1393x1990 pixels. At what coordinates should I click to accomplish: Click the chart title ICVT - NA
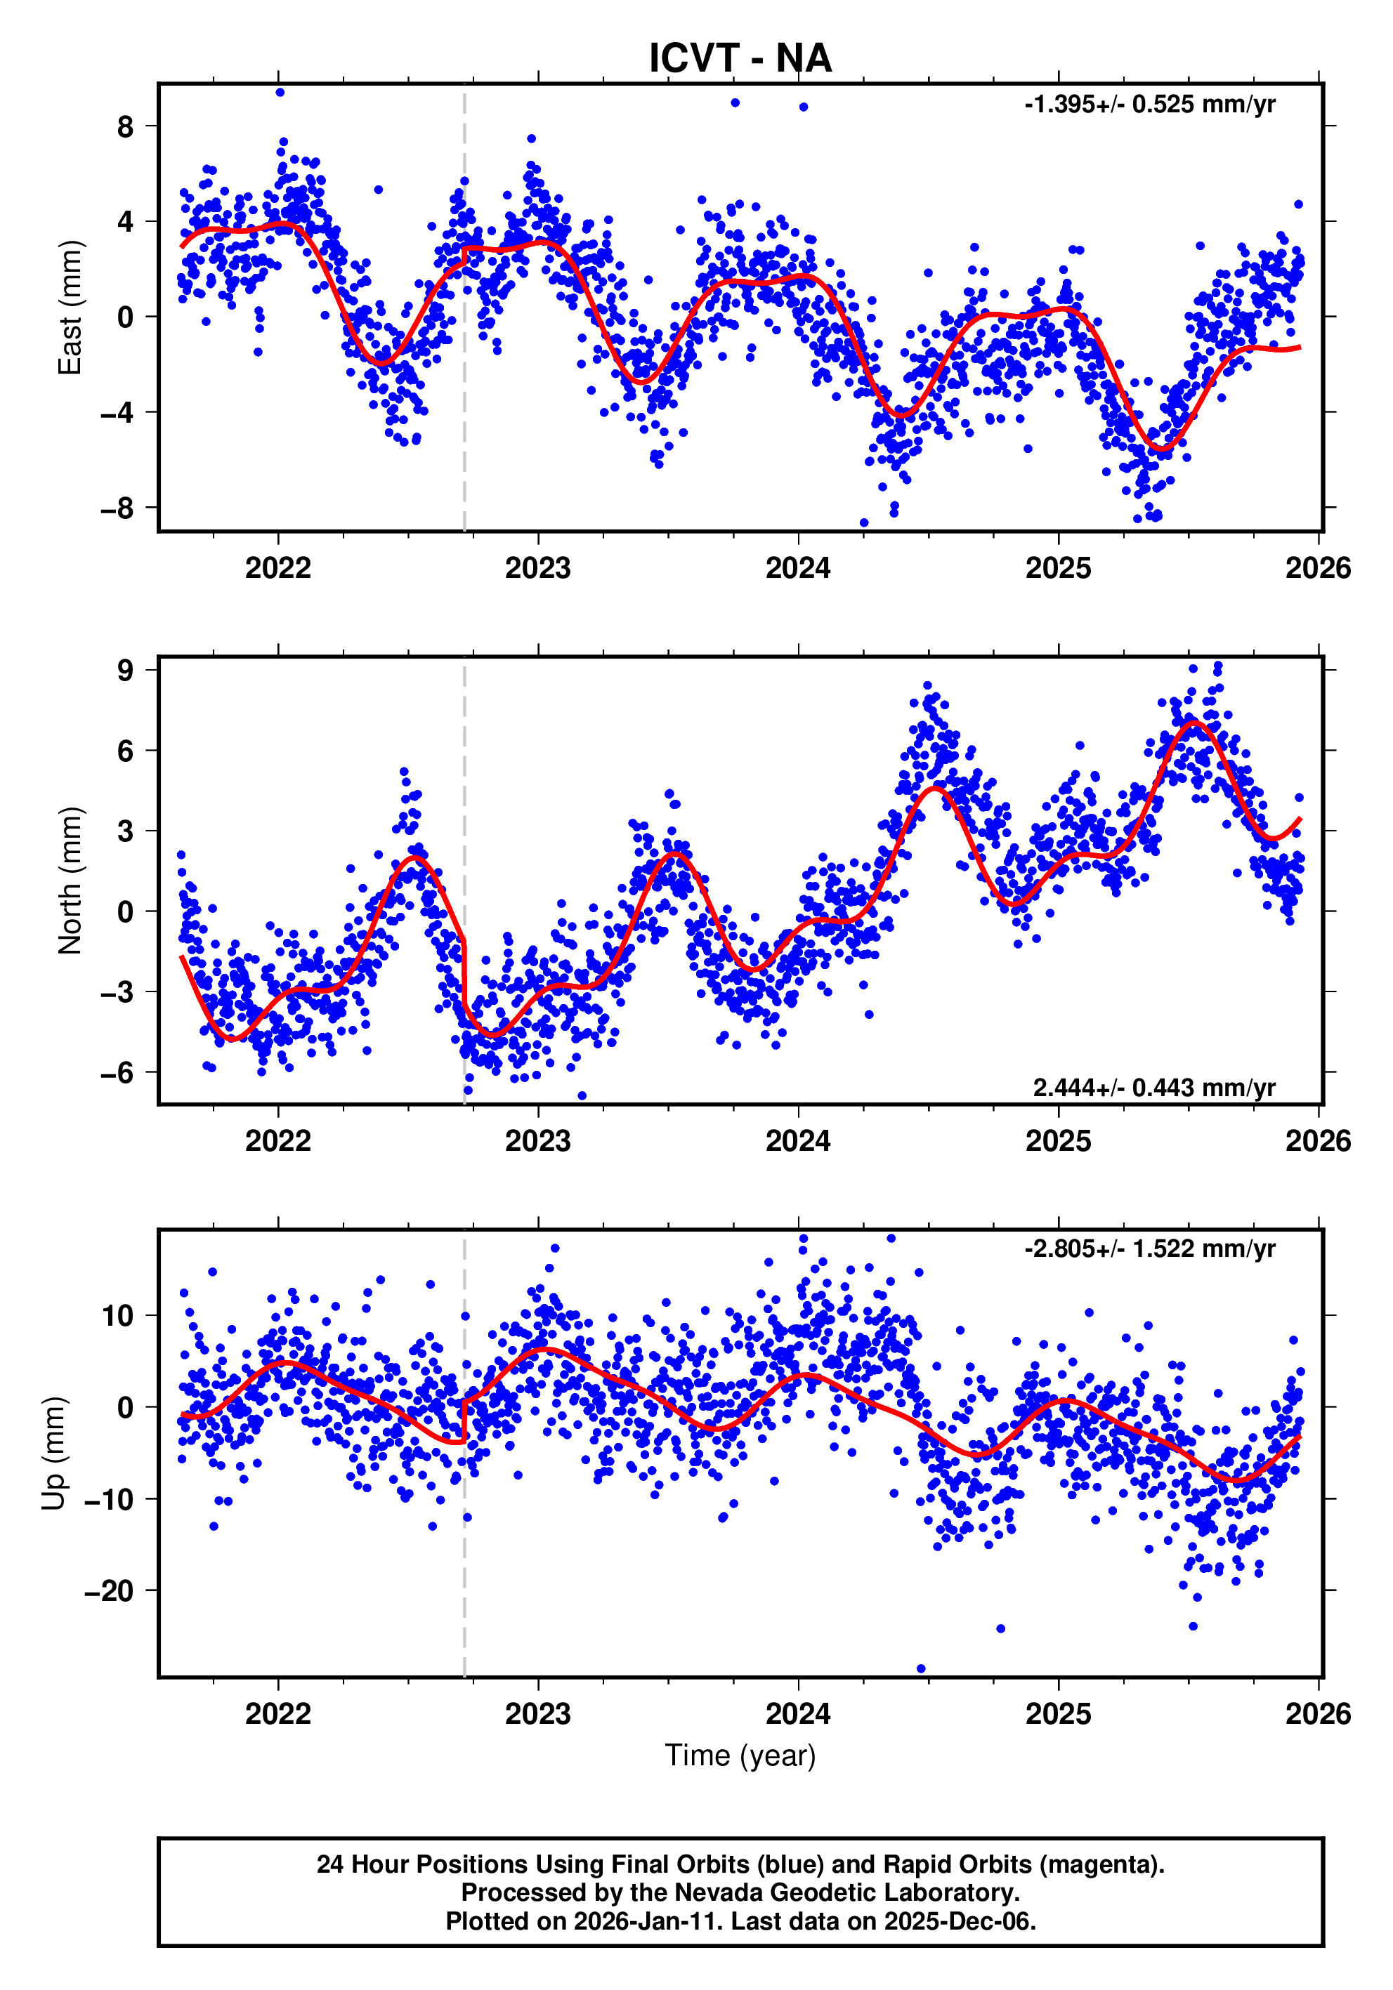pyautogui.click(x=740, y=58)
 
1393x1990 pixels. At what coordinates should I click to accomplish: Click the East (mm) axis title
pyautogui.click(x=70, y=308)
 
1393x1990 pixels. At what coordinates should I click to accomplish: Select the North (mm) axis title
pyautogui.click(x=70, y=881)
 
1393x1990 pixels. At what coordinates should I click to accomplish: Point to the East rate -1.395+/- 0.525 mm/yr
pyautogui.click(x=1149, y=105)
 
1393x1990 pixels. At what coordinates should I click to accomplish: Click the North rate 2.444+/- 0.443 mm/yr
pyautogui.click(x=1153, y=1088)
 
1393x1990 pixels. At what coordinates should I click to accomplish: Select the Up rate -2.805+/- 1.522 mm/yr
pyautogui.click(x=1149, y=1249)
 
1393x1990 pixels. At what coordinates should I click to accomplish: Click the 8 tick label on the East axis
pyautogui.click(x=126, y=126)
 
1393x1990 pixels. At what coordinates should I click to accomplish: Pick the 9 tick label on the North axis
pyautogui.click(x=126, y=670)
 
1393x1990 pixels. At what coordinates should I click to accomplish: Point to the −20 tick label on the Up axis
pyautogui.click(x=109, y=1591)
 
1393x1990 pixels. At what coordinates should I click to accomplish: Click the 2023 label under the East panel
pyautogui.click(x=537, y=569)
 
